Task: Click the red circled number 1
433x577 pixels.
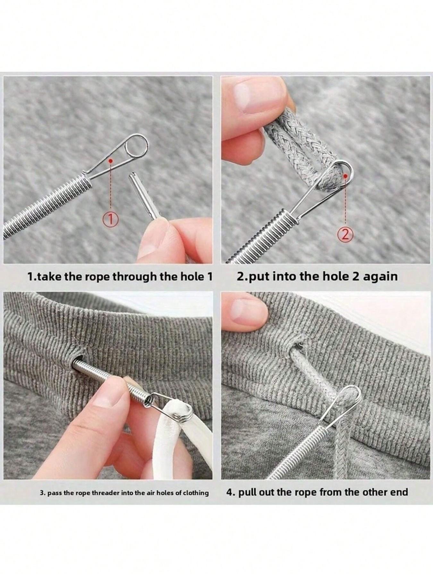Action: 110,220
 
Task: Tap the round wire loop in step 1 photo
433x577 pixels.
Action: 137,144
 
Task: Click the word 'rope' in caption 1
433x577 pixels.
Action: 98,276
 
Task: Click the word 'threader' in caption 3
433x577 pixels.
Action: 106,492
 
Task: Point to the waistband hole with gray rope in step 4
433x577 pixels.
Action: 297,348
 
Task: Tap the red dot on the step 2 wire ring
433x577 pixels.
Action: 345,176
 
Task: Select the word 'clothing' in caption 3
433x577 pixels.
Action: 196,492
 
